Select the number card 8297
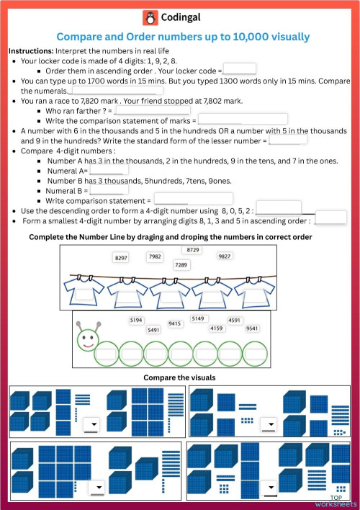point(122,257)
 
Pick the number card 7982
point(155,256)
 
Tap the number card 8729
point(193,249)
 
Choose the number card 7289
point(181,265)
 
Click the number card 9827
point(225,256)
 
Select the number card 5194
point(136,320)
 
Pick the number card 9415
point(175,324)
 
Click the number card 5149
point(198,318)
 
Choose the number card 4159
point(217,328)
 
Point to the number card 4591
point(235,320)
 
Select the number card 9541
point(252,328)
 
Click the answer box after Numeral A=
point(108,171)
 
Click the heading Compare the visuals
point(179,377)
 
